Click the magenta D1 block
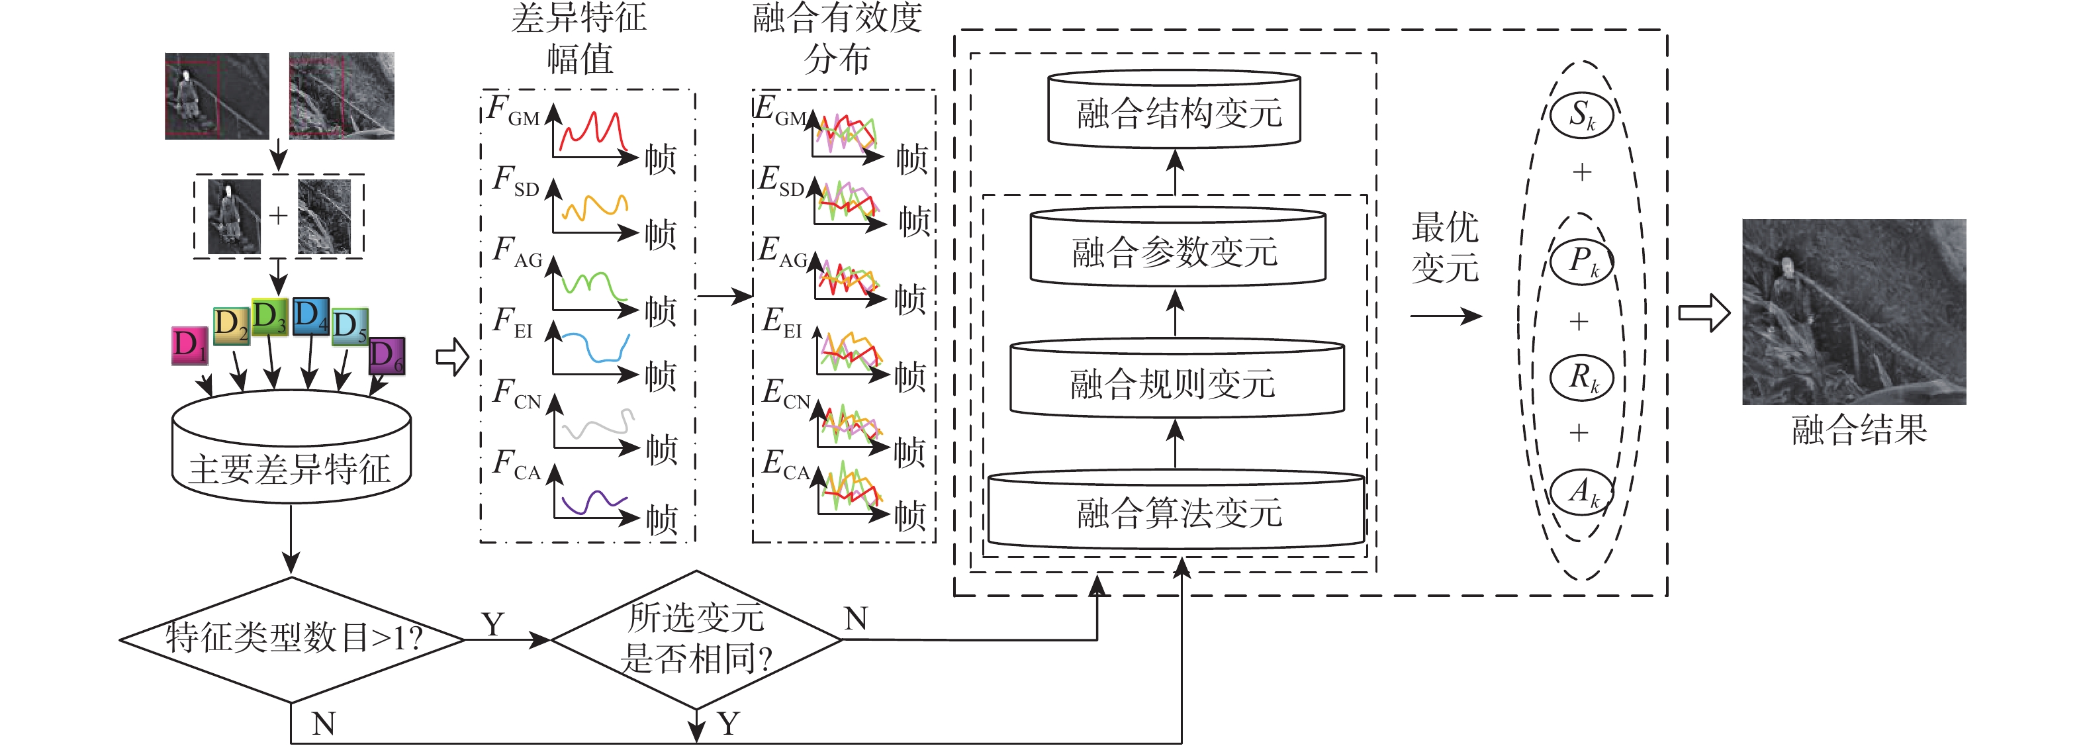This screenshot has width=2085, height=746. pos(189,345)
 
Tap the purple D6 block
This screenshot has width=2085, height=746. pos(386,356)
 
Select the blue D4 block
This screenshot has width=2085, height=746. pos(310,316)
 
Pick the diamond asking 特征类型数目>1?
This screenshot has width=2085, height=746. pos(292,639)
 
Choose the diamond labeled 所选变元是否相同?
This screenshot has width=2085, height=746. pos(696,639)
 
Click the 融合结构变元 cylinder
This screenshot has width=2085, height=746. pos(1174,110)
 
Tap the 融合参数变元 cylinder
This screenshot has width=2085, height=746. pos(1177,249)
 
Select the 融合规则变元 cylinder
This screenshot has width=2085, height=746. pos(1176,381)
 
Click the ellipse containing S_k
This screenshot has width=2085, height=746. pos(1581,115)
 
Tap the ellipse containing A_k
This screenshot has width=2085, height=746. pos(1581,492)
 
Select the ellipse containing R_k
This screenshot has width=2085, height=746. pos(1581,378)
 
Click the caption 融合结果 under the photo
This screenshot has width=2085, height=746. pos(1859,430)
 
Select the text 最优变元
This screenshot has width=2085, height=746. pos(1445,248)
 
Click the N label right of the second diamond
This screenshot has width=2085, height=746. pos(856,619)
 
